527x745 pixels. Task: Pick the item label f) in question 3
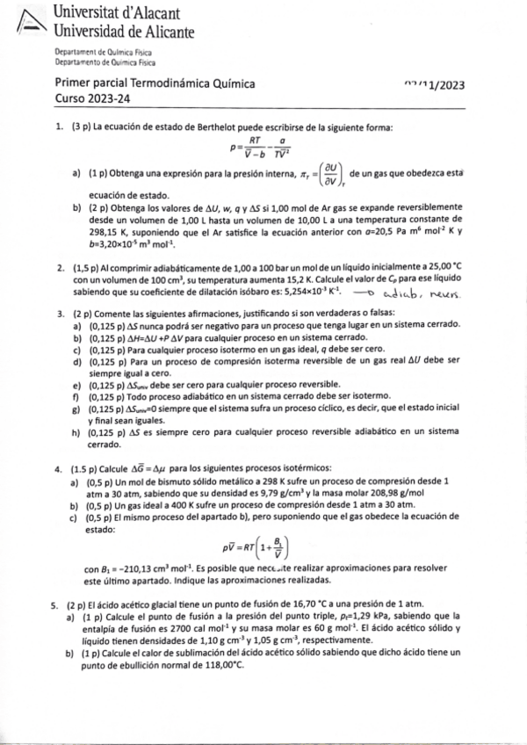(x=77, y=396)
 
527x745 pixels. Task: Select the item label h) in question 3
(x=77, y=432)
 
